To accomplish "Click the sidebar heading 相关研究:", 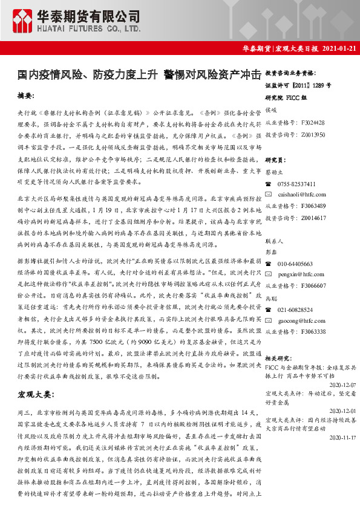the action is click(279, 358).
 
